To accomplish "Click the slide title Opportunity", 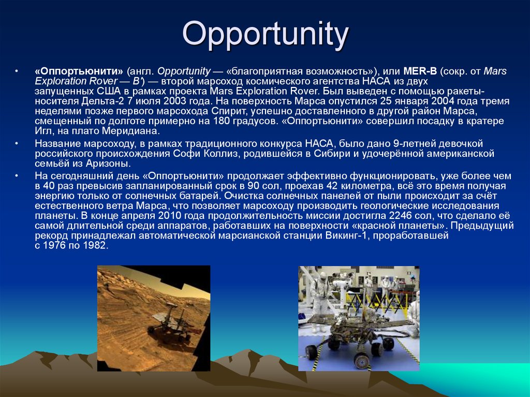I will click(x=266, y=35).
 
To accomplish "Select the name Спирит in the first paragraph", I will click(x=227, y=111).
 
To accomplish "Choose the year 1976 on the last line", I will click(x=55, y=246).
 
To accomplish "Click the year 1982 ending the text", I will click(x=96, y=246).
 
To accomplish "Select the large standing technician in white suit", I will click(x=320, y=300).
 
